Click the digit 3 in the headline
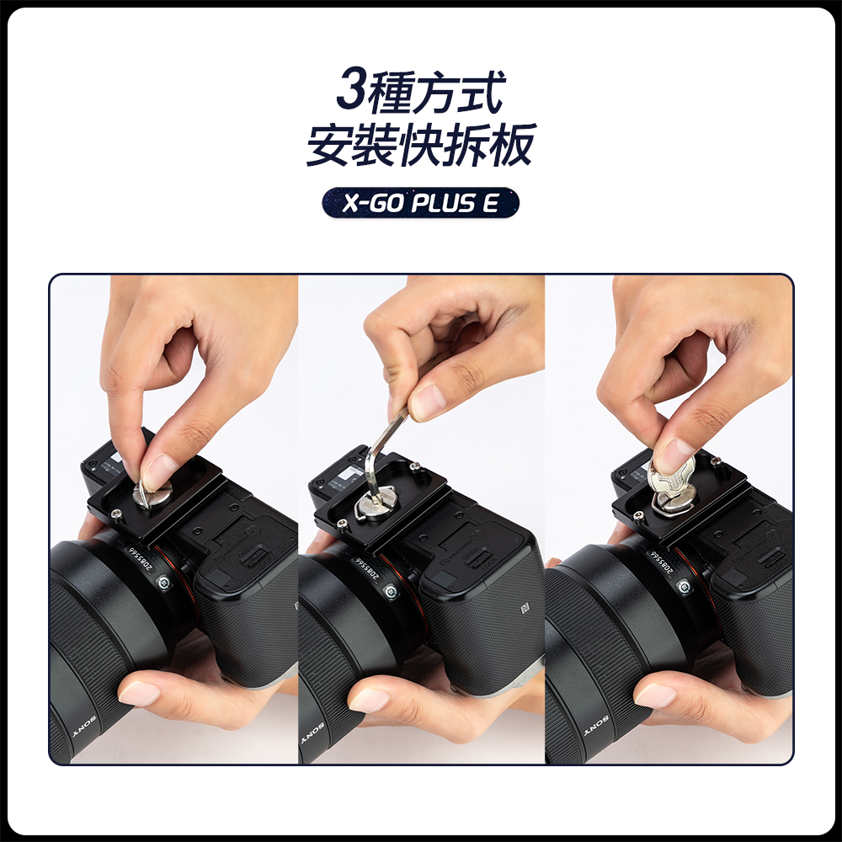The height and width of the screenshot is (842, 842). (352, 89)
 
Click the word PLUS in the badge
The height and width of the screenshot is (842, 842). (444, 203)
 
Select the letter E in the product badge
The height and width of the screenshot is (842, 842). (491, 203)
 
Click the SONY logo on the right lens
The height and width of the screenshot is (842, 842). (596, 726)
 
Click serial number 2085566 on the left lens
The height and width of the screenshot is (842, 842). (140, 559)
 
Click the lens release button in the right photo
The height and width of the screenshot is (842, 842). (684, 586)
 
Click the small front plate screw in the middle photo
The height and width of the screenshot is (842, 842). (342, 524)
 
